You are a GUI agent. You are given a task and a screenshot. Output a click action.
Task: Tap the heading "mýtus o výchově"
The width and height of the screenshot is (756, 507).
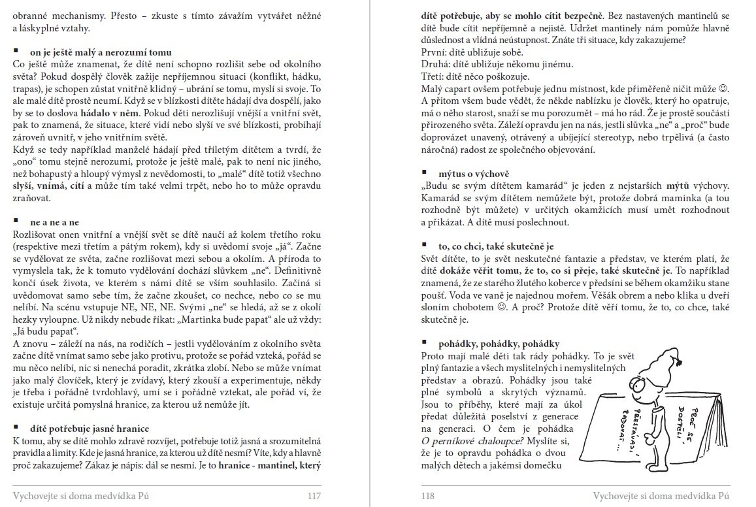coord(465,174)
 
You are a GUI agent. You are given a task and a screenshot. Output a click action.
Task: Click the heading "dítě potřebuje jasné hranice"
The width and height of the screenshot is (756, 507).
coord(90,429)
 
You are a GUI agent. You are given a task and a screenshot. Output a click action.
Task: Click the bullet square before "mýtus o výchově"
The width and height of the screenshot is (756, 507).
coord(425,174)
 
